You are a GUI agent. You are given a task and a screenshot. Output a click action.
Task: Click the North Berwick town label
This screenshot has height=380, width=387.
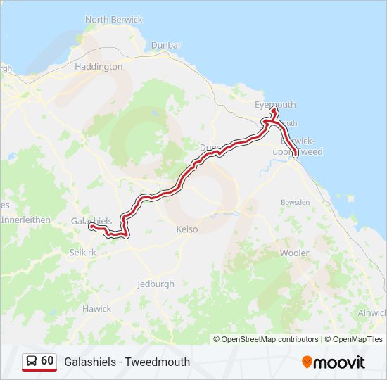(x=113, y=20)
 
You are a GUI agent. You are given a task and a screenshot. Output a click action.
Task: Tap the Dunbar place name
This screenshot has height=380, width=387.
(x=166, y=45)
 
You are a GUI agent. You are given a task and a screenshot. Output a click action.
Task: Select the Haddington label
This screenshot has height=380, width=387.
(x=99, y=67)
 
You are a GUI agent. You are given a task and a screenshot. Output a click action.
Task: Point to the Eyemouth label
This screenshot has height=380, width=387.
(x=274, y=105)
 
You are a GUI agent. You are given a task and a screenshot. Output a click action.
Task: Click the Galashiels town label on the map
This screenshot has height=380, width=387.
(x=91, y=220)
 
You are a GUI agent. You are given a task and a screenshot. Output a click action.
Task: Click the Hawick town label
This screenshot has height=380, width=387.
(x=96, y=309)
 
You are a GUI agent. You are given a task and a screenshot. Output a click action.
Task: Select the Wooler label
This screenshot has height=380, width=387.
(x=294, y=252)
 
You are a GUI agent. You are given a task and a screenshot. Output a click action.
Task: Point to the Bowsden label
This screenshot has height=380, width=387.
(x=295, y=202)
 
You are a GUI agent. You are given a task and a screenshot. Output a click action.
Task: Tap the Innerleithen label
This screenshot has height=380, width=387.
(x=25, y=220)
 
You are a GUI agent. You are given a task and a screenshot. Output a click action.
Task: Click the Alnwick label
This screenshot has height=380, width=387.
(x=372, y=312)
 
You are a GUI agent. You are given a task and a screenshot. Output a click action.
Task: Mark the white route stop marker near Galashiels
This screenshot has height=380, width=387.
(x=91, y=227)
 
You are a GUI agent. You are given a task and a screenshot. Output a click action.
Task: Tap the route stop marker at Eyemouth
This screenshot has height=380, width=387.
(x=274, y=110)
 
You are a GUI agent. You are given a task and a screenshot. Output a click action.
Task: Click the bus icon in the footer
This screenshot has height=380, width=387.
(x=32, y=361)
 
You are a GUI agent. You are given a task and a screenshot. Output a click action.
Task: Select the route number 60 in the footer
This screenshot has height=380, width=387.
(x=47, y=360)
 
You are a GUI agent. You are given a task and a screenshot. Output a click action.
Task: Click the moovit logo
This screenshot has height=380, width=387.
(x=334, y=362)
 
